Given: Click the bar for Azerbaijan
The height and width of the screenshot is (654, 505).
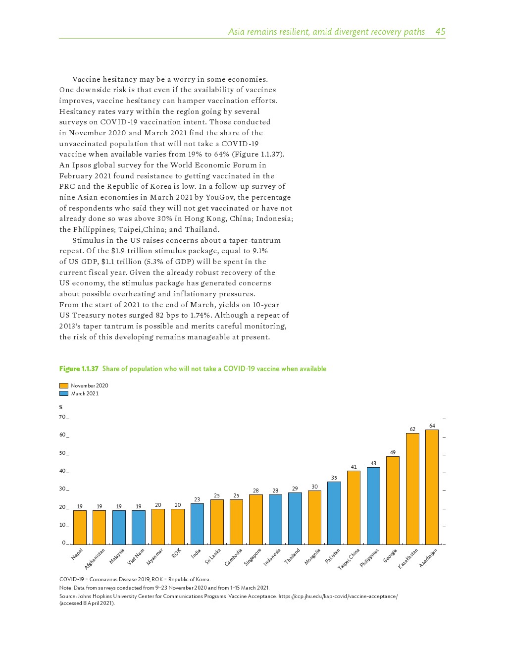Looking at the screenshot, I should pos(432,487).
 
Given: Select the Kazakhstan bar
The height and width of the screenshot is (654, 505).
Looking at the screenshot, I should pos(412,489).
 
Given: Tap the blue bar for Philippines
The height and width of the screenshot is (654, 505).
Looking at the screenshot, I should pos(373,506).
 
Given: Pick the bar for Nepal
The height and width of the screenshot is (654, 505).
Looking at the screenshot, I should pos(80,528).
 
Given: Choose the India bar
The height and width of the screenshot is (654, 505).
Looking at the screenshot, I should pos(197,524).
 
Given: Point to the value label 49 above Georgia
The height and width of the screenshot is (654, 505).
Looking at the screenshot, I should pos(393,452).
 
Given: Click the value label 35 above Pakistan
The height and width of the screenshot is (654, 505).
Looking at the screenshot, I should pos(334,478).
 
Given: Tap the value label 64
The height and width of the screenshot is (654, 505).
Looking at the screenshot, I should pos(432,426).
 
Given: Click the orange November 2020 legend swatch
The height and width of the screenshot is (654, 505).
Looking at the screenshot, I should pos(64,385).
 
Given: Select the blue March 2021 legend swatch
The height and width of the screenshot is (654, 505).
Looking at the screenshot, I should pos(64,393).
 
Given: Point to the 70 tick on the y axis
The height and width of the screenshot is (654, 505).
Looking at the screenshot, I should pos(62,417).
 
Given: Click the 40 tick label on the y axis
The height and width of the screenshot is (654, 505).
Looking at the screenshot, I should pos(62,471).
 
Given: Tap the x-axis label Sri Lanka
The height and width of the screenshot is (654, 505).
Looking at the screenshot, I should pos(213,556).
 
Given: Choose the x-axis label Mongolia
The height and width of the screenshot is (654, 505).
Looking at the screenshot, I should pos(312,556).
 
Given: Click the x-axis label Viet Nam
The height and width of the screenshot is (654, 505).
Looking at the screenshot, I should pos(136,556).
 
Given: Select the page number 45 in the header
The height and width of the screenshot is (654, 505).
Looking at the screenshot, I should pos(440,32).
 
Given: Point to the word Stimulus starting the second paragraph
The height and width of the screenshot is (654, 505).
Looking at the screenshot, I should pos(89,240).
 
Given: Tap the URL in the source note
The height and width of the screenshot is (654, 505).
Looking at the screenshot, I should pos(338,596).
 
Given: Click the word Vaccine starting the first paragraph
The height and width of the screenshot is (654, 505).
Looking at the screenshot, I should pos(87,79).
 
